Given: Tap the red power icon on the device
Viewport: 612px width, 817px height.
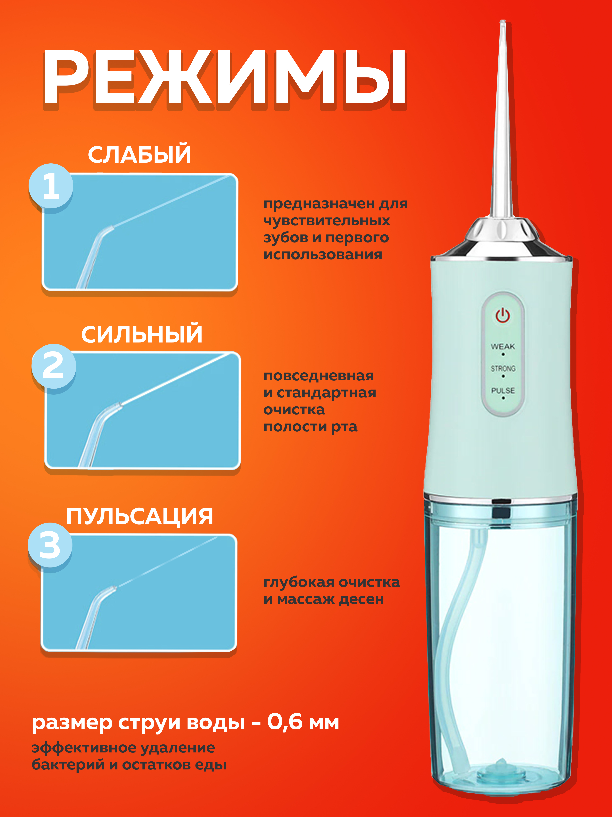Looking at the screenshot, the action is coord(502,316).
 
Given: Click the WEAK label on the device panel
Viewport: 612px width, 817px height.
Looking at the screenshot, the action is coord(502,346).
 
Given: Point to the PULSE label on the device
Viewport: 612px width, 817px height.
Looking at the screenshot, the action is coord(503,390).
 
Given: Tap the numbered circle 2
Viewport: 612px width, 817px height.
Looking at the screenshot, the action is coord(54,366).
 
